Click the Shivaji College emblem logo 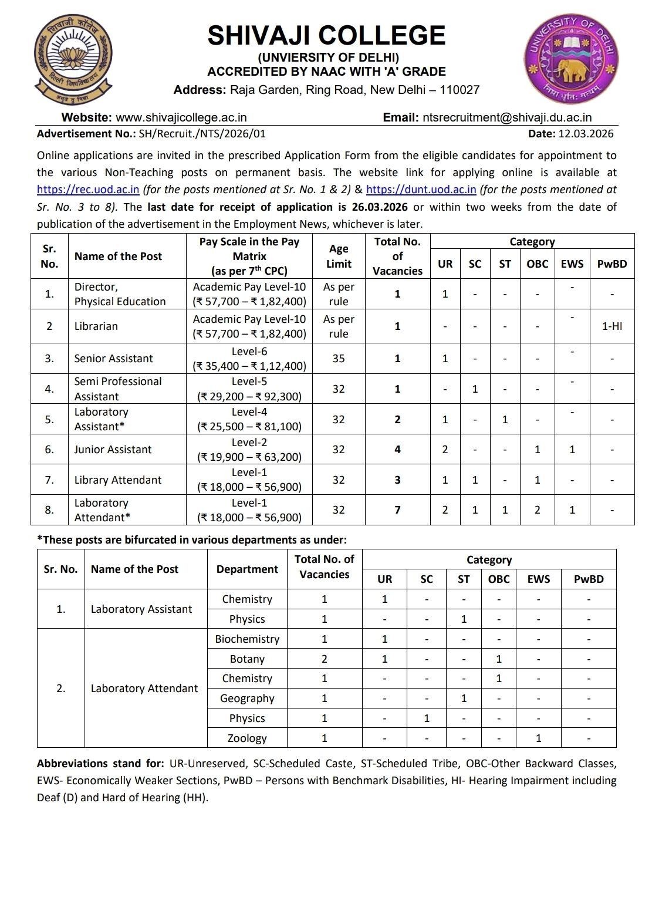click(x=73, y=59)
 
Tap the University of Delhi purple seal click(x=571, y=59)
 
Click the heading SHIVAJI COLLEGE click(x=326, y=35)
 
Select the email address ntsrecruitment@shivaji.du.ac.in click(x=506, y=117)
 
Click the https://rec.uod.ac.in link click(x=88, y=190)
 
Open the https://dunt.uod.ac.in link click(x=421, y=190)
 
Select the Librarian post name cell click(x=96, y=326)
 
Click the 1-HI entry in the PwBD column click(x=612, y=326)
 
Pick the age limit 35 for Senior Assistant click(x=339, y=359)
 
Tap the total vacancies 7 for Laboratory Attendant click(x=397, y=510)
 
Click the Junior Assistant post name click(x=113, y=450)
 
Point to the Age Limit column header click(x=339, y=257)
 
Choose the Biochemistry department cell click(x=247, y=639)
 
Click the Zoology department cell click(x=247, y=738)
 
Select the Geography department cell click(x=247, y=699)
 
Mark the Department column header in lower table click(x=247, y=569)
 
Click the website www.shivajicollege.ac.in click(x=181, y=117)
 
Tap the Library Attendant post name click(x=117, y=480)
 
